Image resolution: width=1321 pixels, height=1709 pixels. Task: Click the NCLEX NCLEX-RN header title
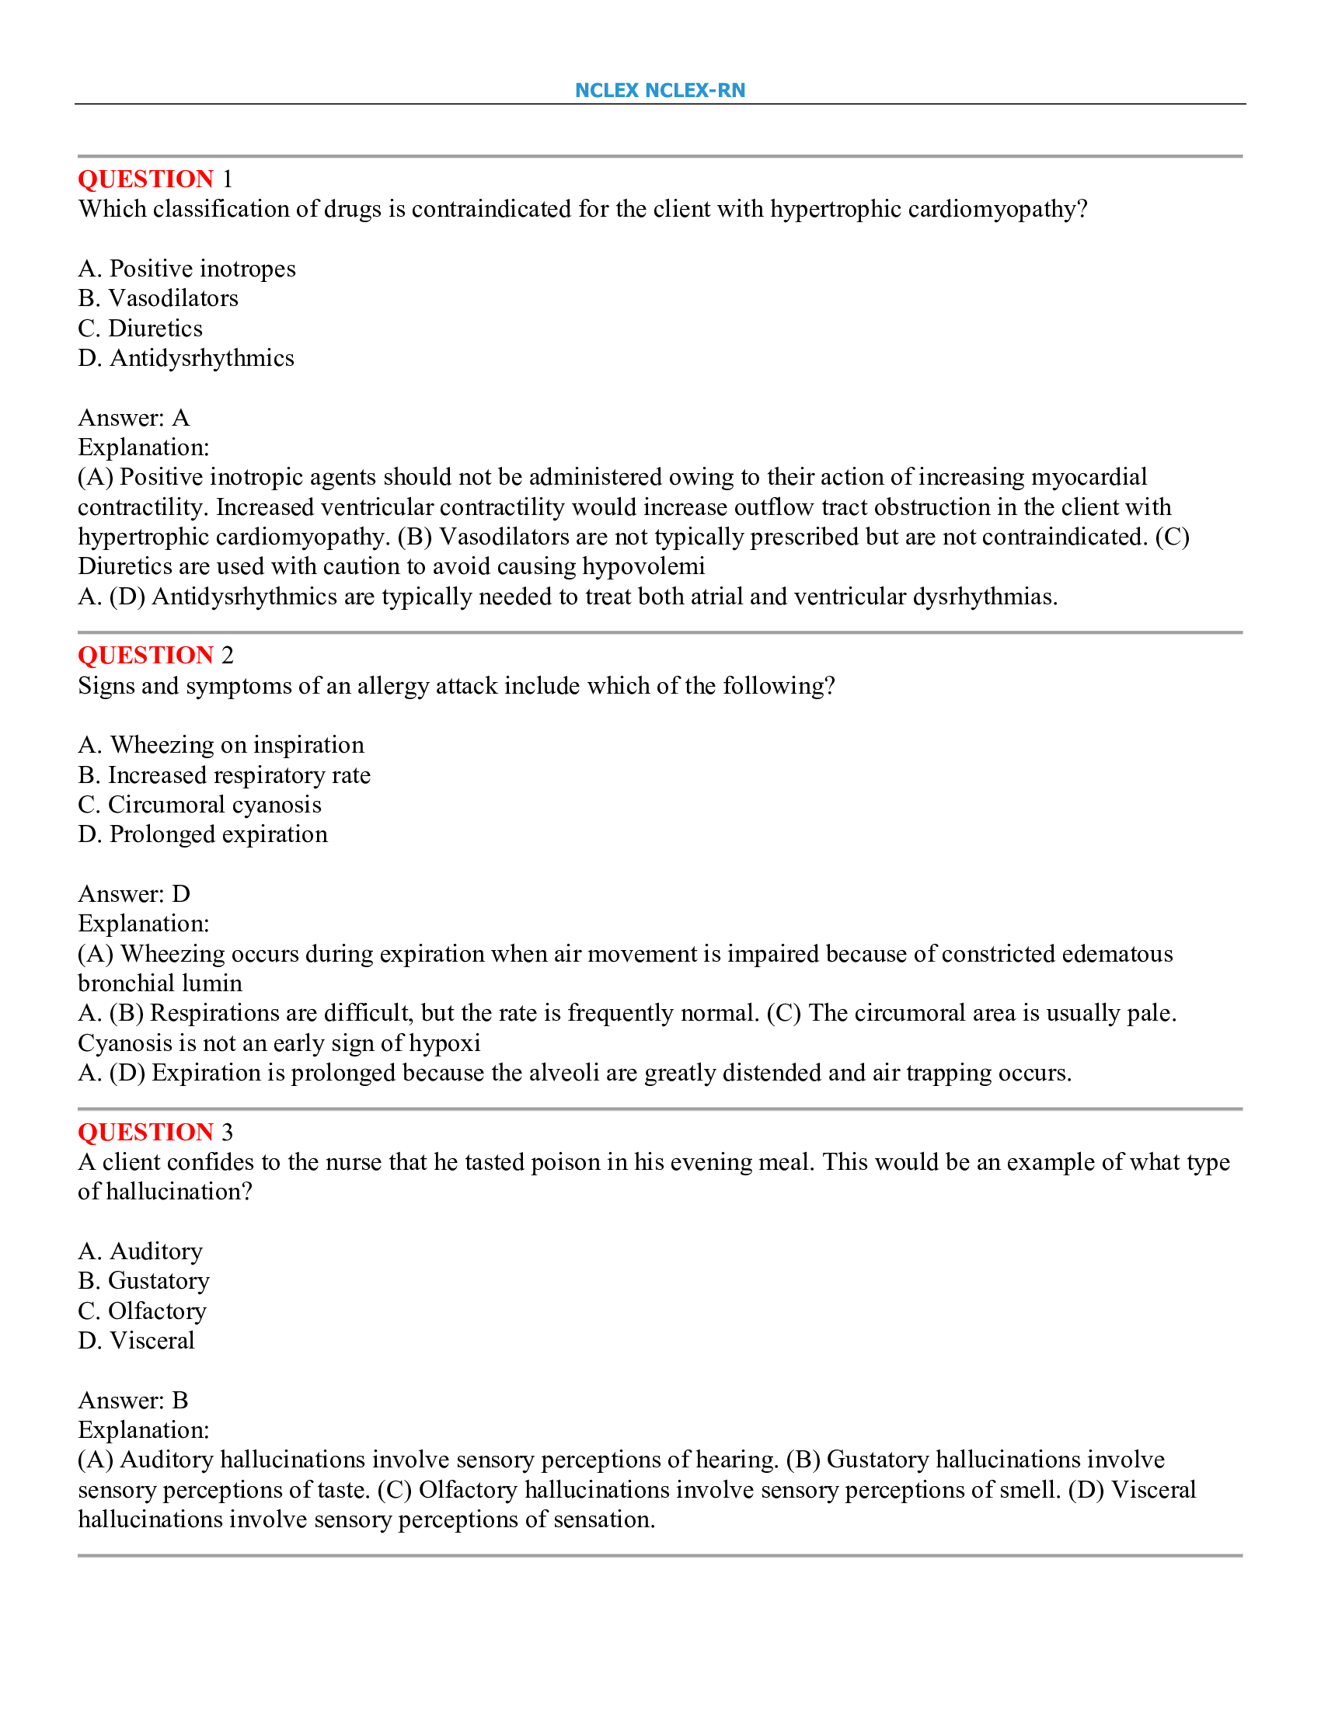pyautogui.click(x=660, y=90)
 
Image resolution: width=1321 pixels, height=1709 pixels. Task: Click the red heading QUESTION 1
pyautogui.click(x=155, y=179)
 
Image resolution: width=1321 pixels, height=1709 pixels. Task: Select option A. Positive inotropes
pyautogui.click(x=186, y=269)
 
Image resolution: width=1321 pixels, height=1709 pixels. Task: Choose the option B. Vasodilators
pyautogui.click(x=158, y=298)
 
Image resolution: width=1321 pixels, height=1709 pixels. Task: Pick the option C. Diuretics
pyautogui.click(x=140, y=328)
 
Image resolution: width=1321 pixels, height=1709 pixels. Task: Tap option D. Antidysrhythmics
pyautogui.click(x=186, y=357)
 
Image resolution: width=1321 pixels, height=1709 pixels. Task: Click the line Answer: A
pyautogui.click(x=134, y=418)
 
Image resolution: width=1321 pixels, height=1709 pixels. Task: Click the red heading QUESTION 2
pyautogui.click(x=155, y=655)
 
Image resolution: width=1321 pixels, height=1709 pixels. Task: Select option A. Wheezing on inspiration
pyautogui.click(x=221, y=744)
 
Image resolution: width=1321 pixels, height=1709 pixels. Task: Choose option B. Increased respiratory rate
pyautogui.click(x=224, y=774)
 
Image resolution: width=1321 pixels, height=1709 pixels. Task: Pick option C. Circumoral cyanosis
pyautogui.click(x=200, y=805)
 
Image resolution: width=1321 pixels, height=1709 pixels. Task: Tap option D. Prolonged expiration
pyautogui.click(x=203, y=834)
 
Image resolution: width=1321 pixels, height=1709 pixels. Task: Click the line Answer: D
pyautogui.click(x=134, y=893)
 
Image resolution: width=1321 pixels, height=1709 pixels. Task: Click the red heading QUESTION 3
pyautogui.click(x=155, y=1132)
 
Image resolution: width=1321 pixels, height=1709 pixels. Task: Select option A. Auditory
pyautogui.click(x=140, y=1251)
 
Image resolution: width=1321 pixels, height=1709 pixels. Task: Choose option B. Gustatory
pyautogui.click(x=144, y=1280)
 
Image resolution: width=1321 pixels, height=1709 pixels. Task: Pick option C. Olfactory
pyautogui.click(x=142, y=1310)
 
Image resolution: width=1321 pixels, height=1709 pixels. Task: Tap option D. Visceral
pyautogui.click(x=136, y=1341)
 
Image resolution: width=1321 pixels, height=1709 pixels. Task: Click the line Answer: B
pyautogui.click(x=133, y=1400)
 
